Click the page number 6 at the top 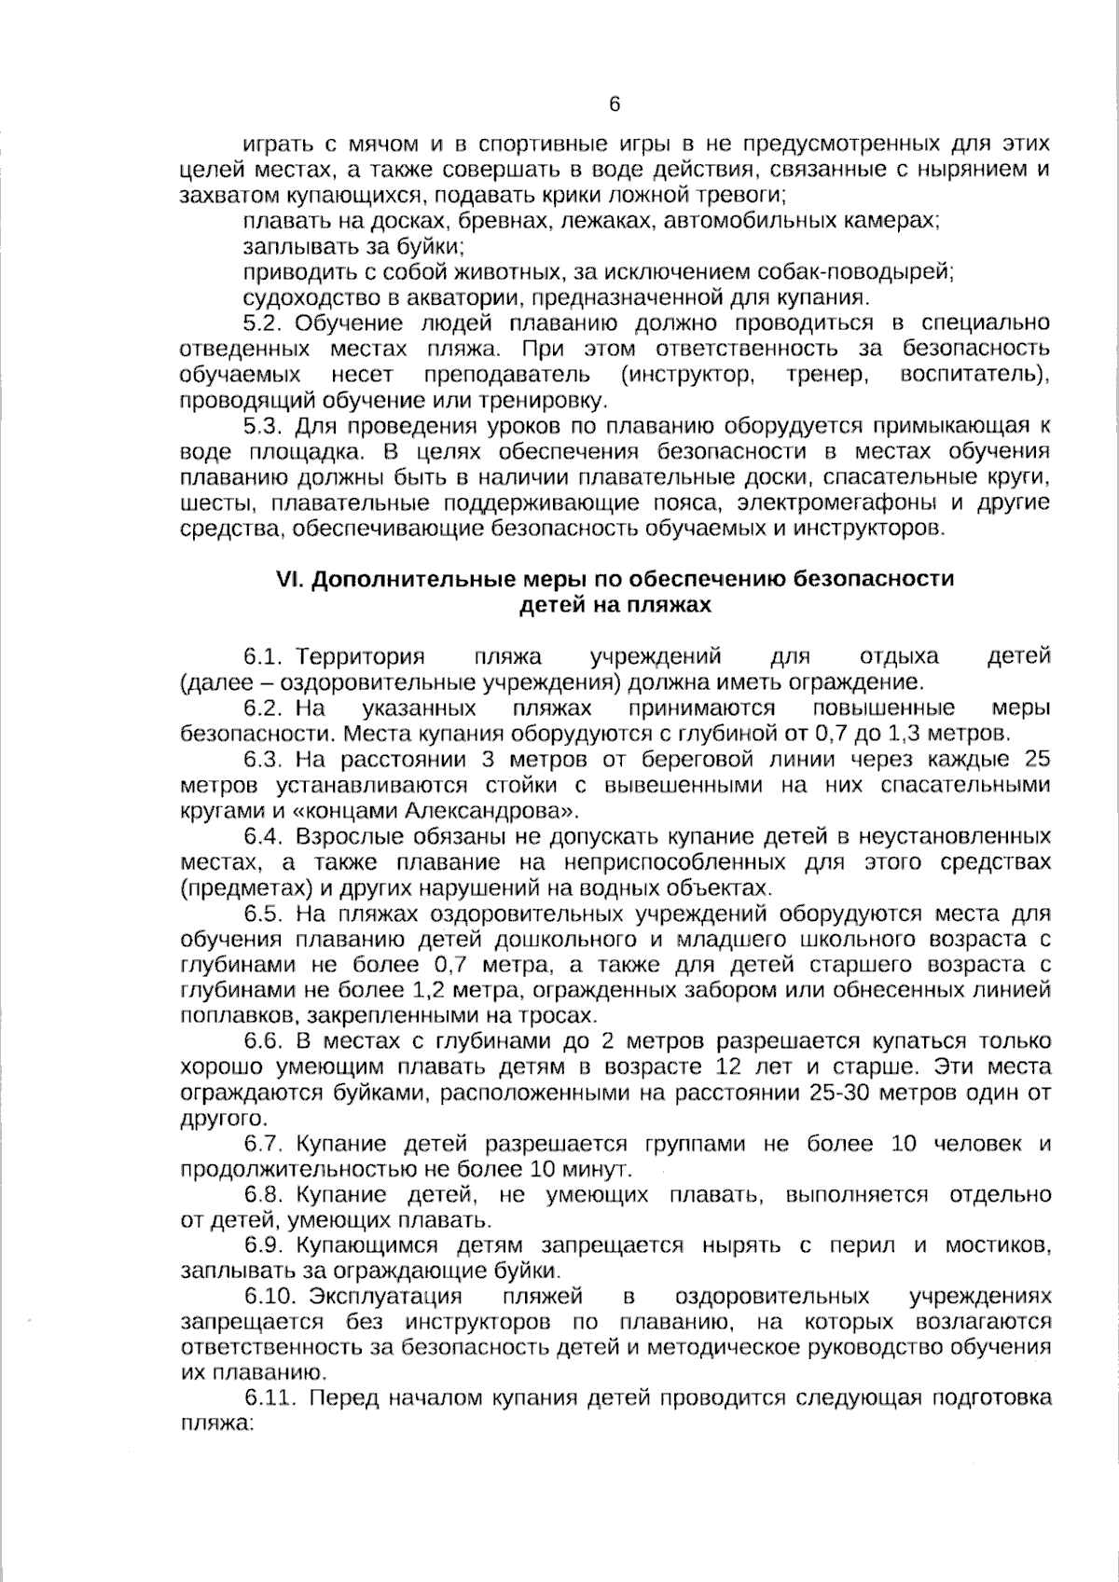[614, 104]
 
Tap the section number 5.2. [264, 323]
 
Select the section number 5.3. [264, 426]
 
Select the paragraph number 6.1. [264, 656]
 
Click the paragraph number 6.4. [264, 836]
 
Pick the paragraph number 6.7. [264, 1144]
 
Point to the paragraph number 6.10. [270, 1297]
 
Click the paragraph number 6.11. [270, 1398]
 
